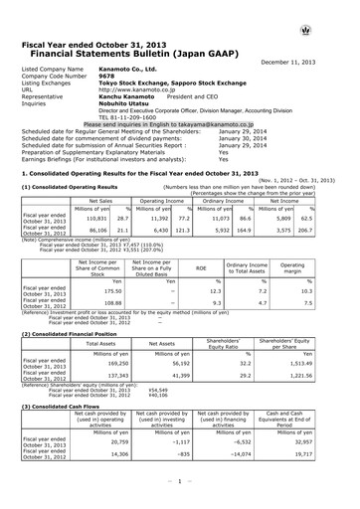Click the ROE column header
pyautogui.click(x=194, y=266)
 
